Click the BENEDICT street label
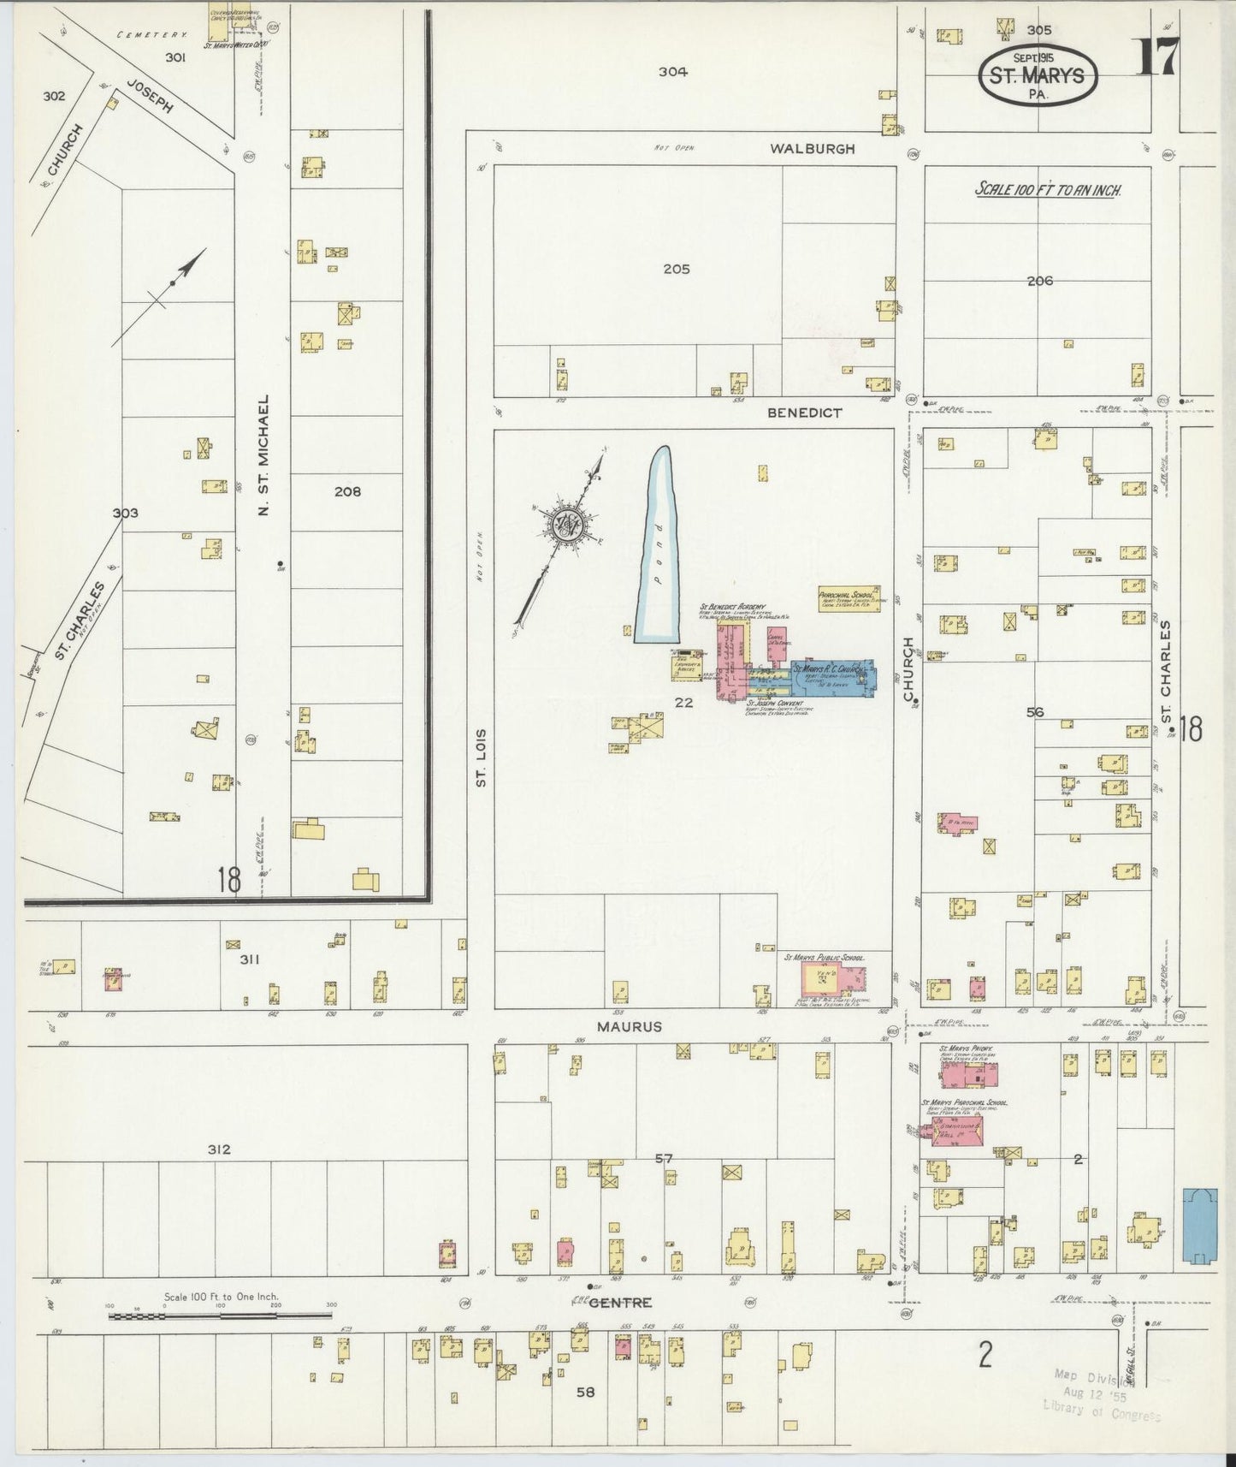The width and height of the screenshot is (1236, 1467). tap(804, 413)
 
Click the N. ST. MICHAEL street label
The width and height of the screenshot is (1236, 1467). tap(264, 455)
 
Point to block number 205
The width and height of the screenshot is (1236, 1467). tap(676, 270)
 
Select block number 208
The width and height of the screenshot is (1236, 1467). tap(348, 491)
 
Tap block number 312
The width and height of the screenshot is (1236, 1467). tap(219, 1149)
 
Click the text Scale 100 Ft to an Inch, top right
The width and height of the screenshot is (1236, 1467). tap(1049, 190)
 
